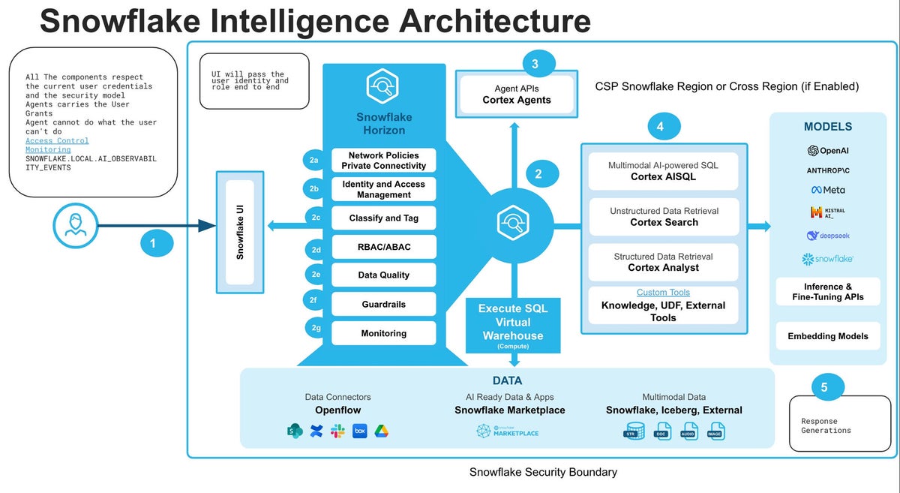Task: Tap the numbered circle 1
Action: tap(153, 243)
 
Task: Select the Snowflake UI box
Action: tap(240, 232)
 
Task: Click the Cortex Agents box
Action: tap(516, 95)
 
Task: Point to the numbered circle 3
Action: tap(535, 65)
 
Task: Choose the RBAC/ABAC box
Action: tap(383, 246)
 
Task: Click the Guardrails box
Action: tap(383, 304)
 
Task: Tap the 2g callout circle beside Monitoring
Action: tap(316, 328)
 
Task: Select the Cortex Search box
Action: tap(664, 217)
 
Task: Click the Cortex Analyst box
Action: tap(664, 262)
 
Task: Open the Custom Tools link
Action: tap(663, 293)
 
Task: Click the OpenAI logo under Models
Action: tap(828, 151)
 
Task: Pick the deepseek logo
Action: tap(828, 236)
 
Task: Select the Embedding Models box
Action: tap(828, 336)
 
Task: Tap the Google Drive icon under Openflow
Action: tap(382, 431)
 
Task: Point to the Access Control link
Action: tap(57, 140)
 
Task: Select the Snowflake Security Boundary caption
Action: tap(543, 472)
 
